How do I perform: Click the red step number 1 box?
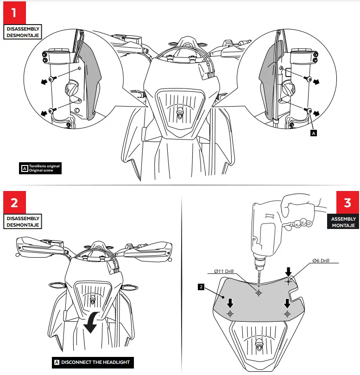click(14, 13)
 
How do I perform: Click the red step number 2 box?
click(14, 203)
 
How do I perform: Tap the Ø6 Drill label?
click(321, 261)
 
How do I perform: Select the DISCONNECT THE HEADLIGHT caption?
click(91, 362)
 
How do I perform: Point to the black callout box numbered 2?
click(201, 287)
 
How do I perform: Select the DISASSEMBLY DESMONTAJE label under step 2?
click(23, 221)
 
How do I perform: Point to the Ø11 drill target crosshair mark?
click(259, 293)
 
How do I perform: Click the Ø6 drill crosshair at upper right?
click(288, 281)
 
